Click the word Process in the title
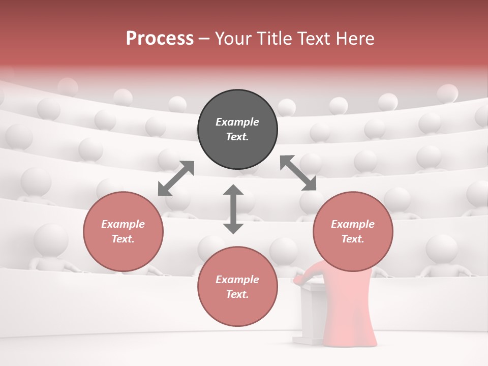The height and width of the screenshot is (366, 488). (x=160, y=39)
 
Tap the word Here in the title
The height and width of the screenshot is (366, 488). (x=354, y=39)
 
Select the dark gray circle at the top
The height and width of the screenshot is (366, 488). (x=237, y=130)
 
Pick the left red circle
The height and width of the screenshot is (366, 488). (x=123, y=231)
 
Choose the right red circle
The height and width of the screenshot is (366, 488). (x=353, y=231)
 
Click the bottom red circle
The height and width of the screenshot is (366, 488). (x=237, y=287)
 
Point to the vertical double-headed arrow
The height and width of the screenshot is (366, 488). (x=233, y=209)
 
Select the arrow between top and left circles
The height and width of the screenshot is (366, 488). (x=176, y=178)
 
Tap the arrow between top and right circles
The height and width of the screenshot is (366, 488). (x=298, y=173)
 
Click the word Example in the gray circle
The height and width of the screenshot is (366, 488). (x=237, y=122)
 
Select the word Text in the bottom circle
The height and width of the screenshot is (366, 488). (x=237, y=294)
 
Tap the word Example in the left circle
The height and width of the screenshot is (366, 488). (x=123, y=224)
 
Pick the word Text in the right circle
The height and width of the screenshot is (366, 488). (x=352, y=239)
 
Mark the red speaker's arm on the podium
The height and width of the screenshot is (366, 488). (x=302, y=278)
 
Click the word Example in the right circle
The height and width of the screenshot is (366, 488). (x=353, y=224)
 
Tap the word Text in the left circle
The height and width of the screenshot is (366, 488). (x=123, y=239)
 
